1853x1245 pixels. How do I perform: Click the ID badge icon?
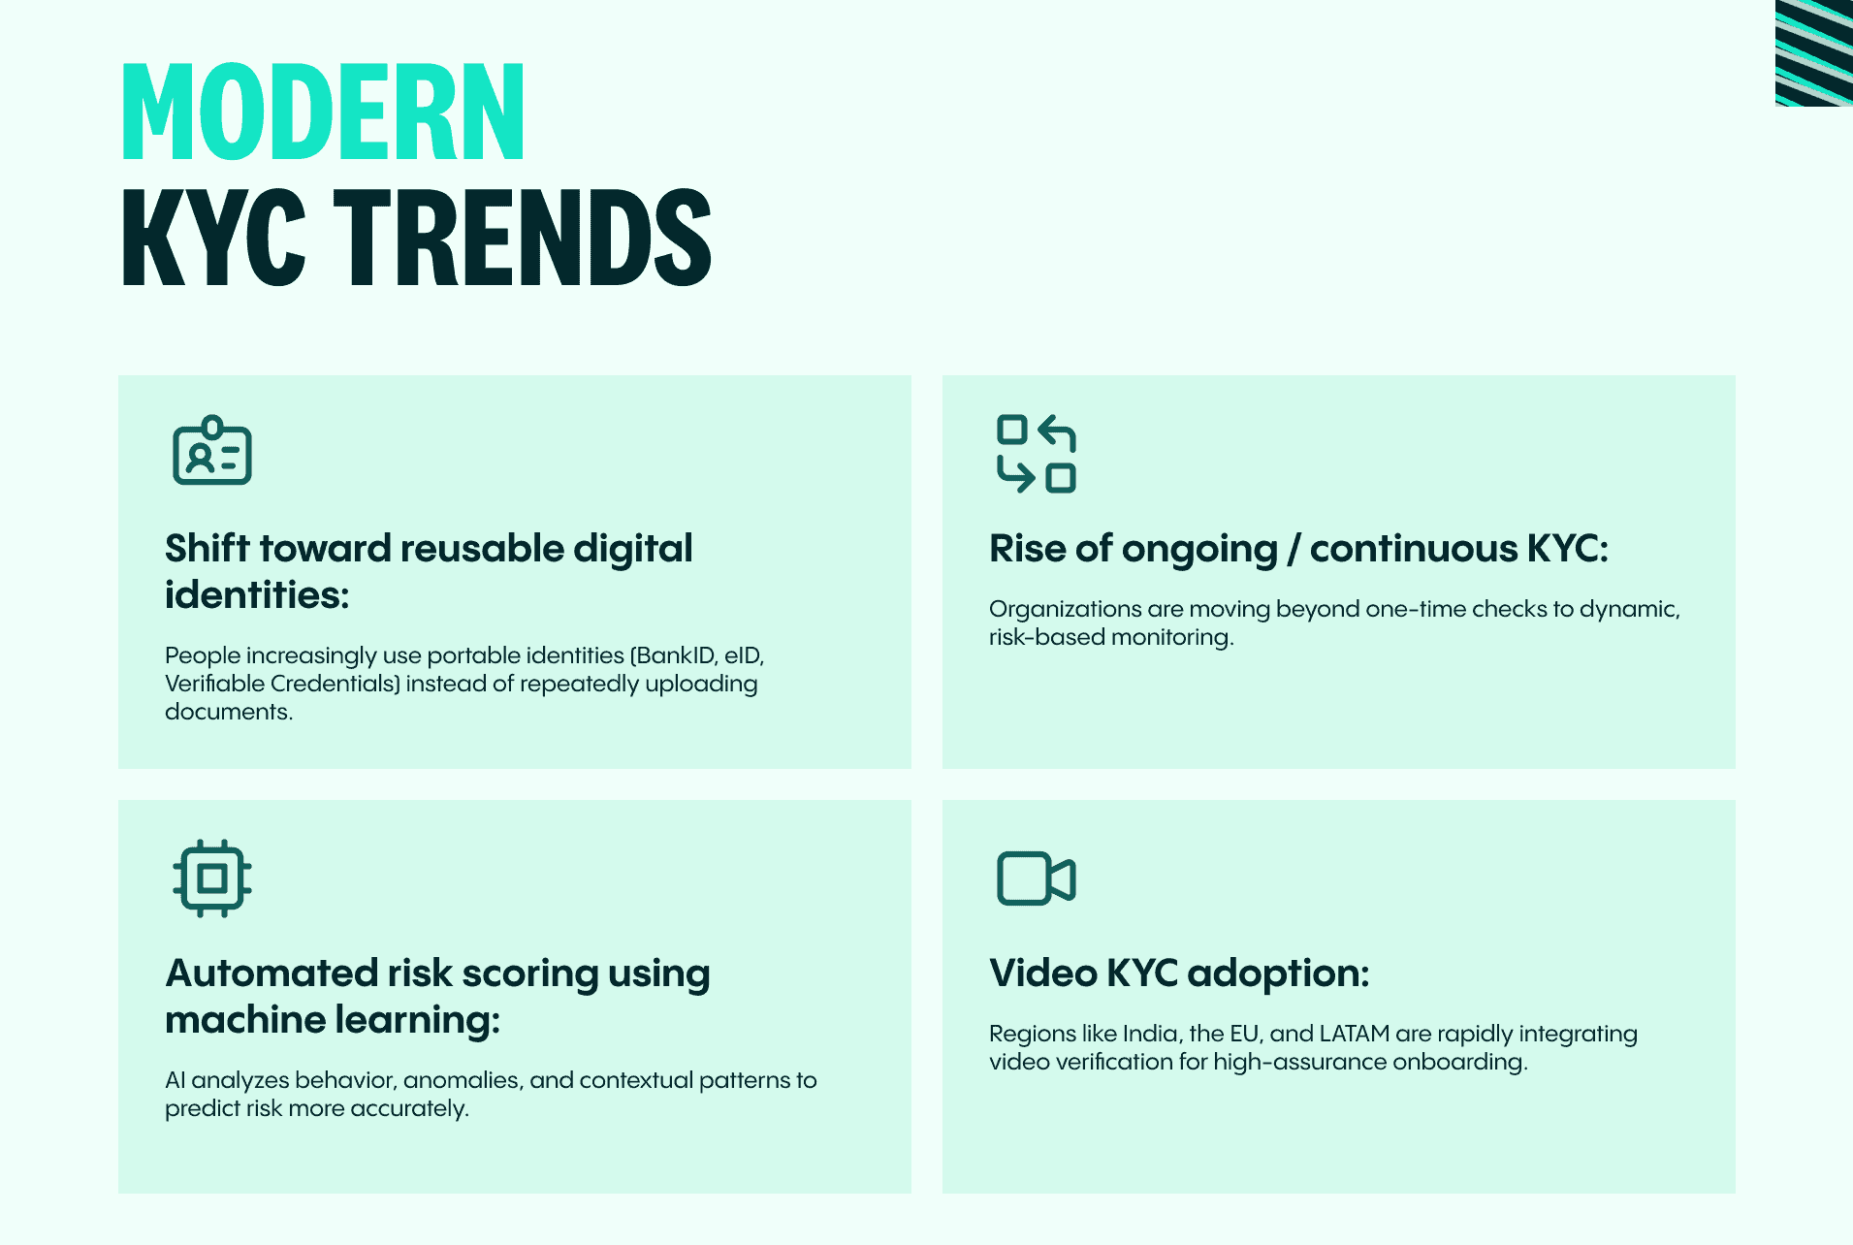coord(212,452)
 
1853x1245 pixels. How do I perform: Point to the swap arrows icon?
coord(1037,454)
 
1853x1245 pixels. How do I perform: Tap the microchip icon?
coord(212,878)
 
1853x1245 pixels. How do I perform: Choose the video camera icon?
coord(1037,878)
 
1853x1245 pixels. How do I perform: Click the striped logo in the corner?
coord(1813,53)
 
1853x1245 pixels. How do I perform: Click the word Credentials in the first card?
coord(335,684)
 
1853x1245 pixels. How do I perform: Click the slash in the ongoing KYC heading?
coord(1294,550)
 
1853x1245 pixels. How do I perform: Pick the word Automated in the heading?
coord(272,974)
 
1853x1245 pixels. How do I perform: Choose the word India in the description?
coord(1151,1034)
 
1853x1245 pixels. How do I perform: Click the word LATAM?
coord(1355,1034)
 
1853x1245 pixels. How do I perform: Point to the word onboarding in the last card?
coord(1459,1062)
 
